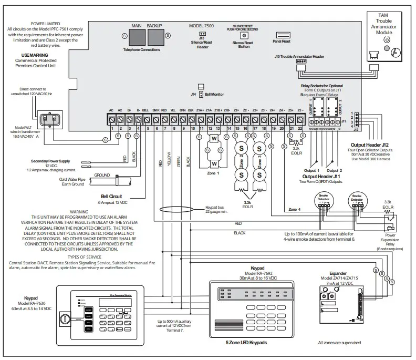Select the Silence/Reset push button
(x=243, y=35)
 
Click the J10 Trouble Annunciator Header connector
(x=301, y=61)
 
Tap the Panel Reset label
(x=282, y=40)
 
